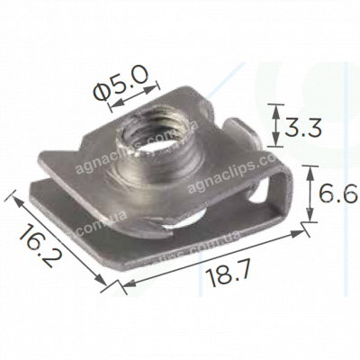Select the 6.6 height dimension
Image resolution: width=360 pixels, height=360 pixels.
coord(339,193)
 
